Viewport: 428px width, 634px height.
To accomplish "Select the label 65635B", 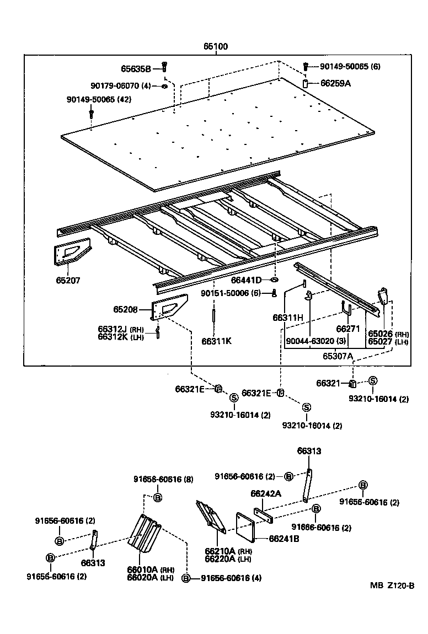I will click(136, 69).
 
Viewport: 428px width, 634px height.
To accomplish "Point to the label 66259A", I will click(336, 83).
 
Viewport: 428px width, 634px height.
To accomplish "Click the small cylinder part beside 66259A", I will click(306, 84).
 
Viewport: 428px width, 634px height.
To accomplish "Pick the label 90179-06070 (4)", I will click(121, 85).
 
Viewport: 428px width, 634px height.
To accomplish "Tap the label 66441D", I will click(247, 281).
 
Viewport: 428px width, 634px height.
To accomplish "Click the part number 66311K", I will click(216, 341).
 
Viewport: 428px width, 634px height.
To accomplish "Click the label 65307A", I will click(338, 356).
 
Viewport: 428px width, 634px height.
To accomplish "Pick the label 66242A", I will click(266, 493).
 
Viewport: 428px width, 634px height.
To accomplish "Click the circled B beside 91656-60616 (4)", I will click(186, 578).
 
